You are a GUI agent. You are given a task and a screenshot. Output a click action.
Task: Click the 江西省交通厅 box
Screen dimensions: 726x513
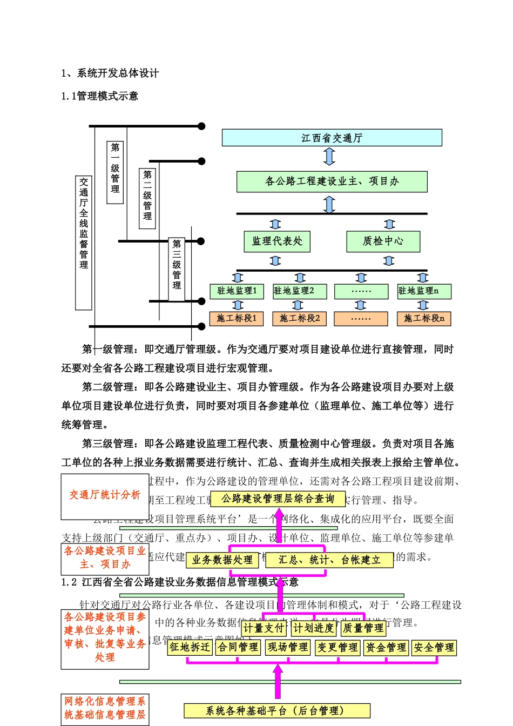tap(332, 138)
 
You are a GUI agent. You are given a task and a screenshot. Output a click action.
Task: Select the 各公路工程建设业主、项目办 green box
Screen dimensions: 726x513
tap(332, 181)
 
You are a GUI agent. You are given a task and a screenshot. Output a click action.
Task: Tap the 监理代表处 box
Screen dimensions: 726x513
tap(277, 241)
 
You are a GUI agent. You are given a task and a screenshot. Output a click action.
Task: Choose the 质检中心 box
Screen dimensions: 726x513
tap(383, 241)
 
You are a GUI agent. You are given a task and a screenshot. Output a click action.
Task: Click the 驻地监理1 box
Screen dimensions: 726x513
tap(237, 291)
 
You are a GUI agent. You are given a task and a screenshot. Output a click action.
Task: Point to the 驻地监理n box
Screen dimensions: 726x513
tap(424, 291)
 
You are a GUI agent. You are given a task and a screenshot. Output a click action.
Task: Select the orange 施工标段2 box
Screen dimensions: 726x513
tap(300, 319)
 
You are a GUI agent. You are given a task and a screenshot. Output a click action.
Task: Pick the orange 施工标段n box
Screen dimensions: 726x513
tap(424, 319)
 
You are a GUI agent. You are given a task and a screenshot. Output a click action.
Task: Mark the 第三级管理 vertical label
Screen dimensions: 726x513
tap(177, 268)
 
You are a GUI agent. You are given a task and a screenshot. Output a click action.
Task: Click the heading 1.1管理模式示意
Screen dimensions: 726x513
tap(100, 96)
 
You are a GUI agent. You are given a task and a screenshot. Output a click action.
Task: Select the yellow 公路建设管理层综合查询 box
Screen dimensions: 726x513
tap(278, 499)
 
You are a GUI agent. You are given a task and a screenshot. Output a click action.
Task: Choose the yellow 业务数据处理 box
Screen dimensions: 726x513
tap(222, 560)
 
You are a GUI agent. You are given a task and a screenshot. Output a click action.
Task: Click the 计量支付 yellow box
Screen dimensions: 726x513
tap(264, 628)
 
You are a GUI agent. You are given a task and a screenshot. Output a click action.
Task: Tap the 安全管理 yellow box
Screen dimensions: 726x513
tap(434, 648)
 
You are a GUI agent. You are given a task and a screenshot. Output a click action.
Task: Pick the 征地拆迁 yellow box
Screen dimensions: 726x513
tap(190, 647)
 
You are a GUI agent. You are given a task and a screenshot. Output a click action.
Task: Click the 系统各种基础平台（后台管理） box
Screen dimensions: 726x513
tap(277, 711)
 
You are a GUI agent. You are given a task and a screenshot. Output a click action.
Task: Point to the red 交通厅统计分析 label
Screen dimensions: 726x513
tap(105, 495)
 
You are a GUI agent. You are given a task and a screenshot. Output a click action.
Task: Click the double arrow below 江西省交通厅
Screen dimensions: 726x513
tap(329, 157)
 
